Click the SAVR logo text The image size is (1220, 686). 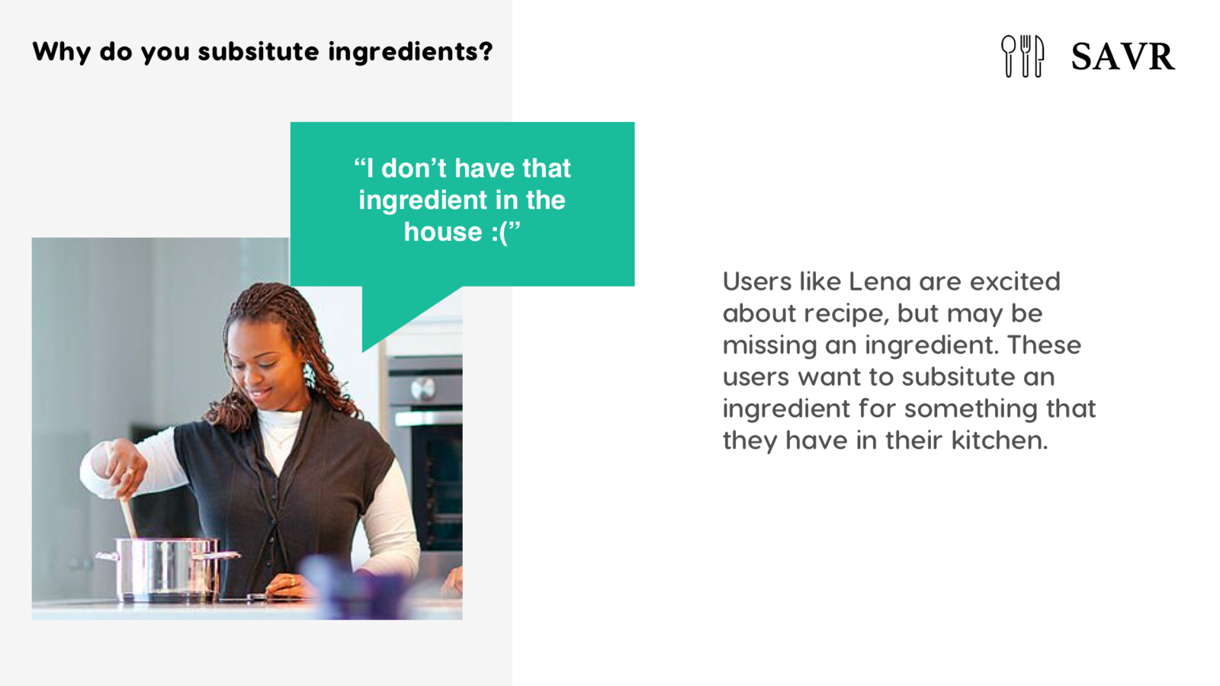pyautogui.click(x=1122, y=56)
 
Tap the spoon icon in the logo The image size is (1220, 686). pyautogui.click(x=1008, y=56)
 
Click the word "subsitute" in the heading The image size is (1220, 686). pyautogui.click(x=258, y=52)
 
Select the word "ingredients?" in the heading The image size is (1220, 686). pyautogui.click(x=410, y=53)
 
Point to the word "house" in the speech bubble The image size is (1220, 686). pyautogui.click(x=443, y=232)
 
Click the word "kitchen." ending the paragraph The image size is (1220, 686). pyautogui.click(x=1000, y=440)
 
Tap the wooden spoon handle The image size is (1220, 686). pyautogui.click(x=129, y=518)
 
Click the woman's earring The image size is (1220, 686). pyautogui.click(x=310, y=376)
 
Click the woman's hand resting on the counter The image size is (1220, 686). pyautogui.click(x=284, y=586)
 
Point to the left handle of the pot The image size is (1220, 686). pyautogui.click(x=108, y=556)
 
